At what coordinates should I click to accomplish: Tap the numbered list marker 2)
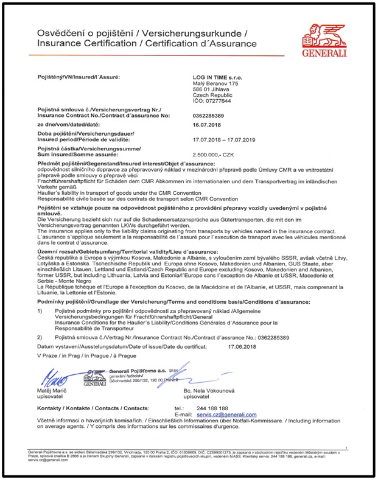tap(40, 337)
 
